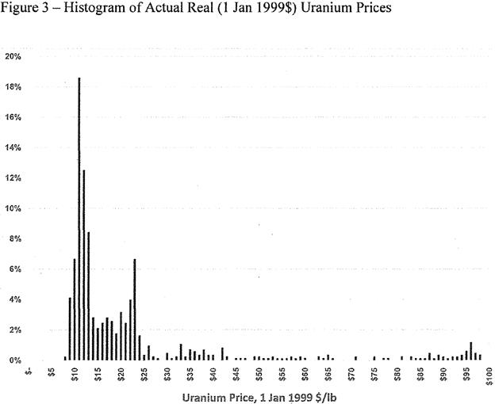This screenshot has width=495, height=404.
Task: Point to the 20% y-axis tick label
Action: (x=13, y=57)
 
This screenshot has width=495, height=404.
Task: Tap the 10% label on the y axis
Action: (x=13, y=208)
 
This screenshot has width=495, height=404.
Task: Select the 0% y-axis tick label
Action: (x=15, y=360)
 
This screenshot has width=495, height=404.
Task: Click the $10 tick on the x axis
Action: (x=75, y=374)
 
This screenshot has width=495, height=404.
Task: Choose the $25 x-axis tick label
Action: (x=144, y=374)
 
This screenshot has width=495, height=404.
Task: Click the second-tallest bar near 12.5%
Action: (x=84, y=265)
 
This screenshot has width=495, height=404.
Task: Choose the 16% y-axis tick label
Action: (x=13, y=117)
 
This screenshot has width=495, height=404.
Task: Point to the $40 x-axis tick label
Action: (x=213, y=374)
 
